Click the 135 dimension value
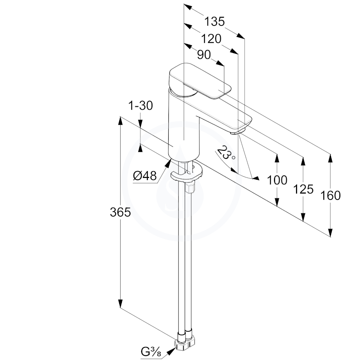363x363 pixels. (214, 22)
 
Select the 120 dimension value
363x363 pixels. (211, 39)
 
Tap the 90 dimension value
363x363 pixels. (204, 55)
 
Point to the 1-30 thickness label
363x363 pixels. (140, 106)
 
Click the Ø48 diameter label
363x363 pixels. (145, 176)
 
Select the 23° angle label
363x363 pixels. (226, 154)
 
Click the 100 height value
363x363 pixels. (277, 180)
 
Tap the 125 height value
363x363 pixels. (303, 189)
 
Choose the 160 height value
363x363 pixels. (330, 195)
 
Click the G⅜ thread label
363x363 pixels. (151, 352)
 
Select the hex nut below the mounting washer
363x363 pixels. (190, 186)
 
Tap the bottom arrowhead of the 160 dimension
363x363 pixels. (330, 233)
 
